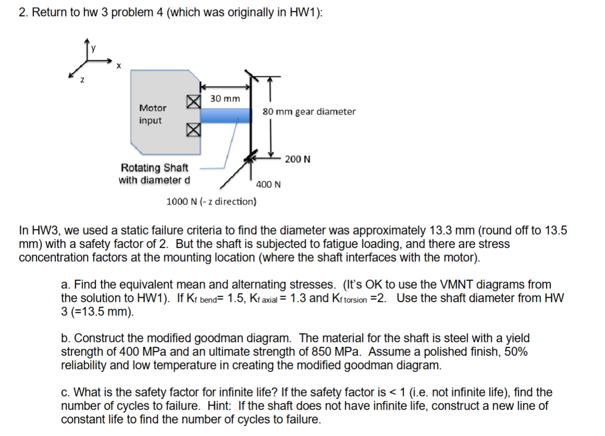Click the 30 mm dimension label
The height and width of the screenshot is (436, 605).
225,98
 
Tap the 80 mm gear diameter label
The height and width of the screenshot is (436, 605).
309,111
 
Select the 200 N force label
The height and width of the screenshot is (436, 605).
298,159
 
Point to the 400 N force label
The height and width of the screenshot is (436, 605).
269,184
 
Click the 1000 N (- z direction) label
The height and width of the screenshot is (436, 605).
211,201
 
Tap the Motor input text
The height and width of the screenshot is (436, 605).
152,114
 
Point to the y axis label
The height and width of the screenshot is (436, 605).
94,49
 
